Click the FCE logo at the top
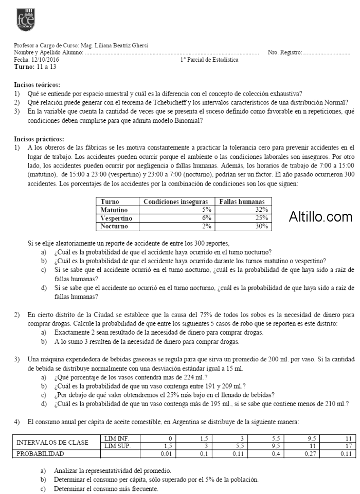(x=25, y=20)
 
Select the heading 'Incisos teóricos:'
(x=38, y=84)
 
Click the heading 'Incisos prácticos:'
(x=39, y=139)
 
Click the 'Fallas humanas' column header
(x=242, y=203)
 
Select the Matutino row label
(x=115, y=210)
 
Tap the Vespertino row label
(x=117, y=218)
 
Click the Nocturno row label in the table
(x=115, y=226)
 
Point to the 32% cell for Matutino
(x=262, y=210)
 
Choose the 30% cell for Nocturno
(x=262, y=226)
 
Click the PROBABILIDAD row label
(x=41, y=454)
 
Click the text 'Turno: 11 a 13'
(x=35, y=67)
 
